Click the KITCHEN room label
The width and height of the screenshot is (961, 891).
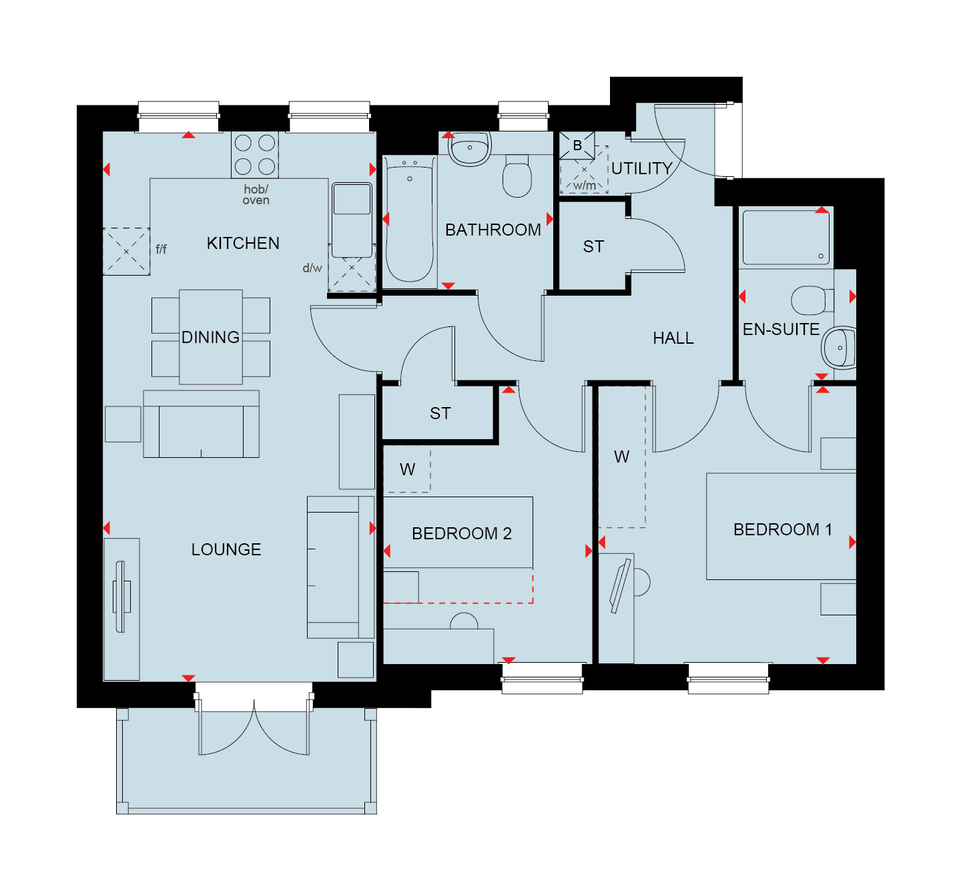pos(243,243)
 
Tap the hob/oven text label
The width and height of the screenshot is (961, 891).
pos(256,195)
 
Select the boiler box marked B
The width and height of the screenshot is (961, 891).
pos(577,145)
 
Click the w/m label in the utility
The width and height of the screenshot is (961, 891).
pos(584,186)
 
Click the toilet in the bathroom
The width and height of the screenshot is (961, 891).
pos(517,176)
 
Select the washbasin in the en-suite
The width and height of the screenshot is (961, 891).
pos(839,348)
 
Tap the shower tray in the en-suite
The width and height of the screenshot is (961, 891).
pos(786,237)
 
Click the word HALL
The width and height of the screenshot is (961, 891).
pos(673,338)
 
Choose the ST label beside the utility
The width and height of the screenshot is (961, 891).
pos(593,247)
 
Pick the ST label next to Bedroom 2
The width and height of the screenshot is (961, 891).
pos(440,413)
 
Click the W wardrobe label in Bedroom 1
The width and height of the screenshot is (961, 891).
pos(621,457)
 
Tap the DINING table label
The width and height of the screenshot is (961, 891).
pos(210,337)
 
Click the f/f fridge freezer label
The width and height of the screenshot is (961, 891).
pos(161,249)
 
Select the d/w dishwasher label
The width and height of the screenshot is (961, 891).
pos(312,268)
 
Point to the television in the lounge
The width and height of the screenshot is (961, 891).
pos(121,596)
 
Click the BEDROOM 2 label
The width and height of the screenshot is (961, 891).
pos(462,533)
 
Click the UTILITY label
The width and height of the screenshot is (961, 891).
pos(641,168)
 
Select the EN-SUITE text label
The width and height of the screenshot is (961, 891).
pos(781,329)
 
